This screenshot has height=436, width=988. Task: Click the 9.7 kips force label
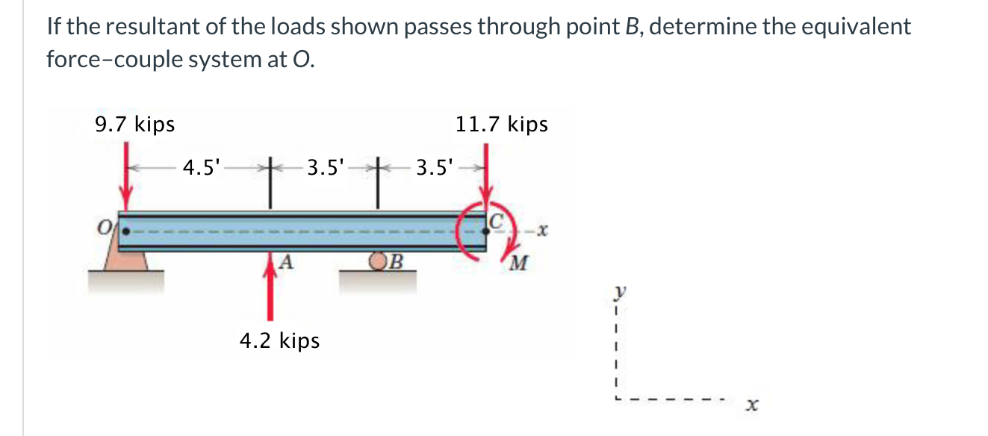[x=135, y=124]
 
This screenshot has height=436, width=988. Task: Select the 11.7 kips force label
[x=502, y=124]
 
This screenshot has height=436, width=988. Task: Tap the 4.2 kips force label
[x=279, y=341]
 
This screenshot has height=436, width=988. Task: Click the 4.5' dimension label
[x=202, y=167]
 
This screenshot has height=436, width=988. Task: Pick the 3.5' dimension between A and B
[x=326, y=167]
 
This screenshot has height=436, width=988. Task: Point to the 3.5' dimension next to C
[x=435, y=167]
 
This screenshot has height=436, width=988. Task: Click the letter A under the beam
[x=286, y=261]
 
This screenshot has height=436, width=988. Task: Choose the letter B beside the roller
[x=396, y=261]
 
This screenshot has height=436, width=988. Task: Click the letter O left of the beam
[x=107, y=225]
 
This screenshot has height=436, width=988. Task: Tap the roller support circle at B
[x=379, y=261]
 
